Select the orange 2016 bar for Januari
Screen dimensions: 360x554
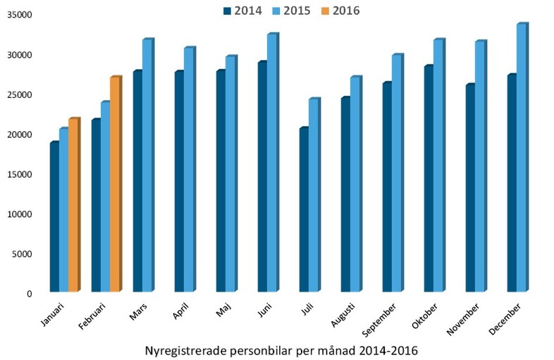tap(73, 206)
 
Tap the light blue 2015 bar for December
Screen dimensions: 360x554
tap(522, 159)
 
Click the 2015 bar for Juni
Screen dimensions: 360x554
tap(272, 163)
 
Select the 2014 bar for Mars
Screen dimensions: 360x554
tap(137, 182)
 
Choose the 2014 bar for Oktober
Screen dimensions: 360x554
tap(429, 179)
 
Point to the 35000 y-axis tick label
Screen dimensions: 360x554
tap(21, 15)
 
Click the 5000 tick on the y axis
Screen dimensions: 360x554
tap(24, 254)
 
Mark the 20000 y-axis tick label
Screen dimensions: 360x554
tap(21, 135)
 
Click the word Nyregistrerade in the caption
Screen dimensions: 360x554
tap(185, 349)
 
